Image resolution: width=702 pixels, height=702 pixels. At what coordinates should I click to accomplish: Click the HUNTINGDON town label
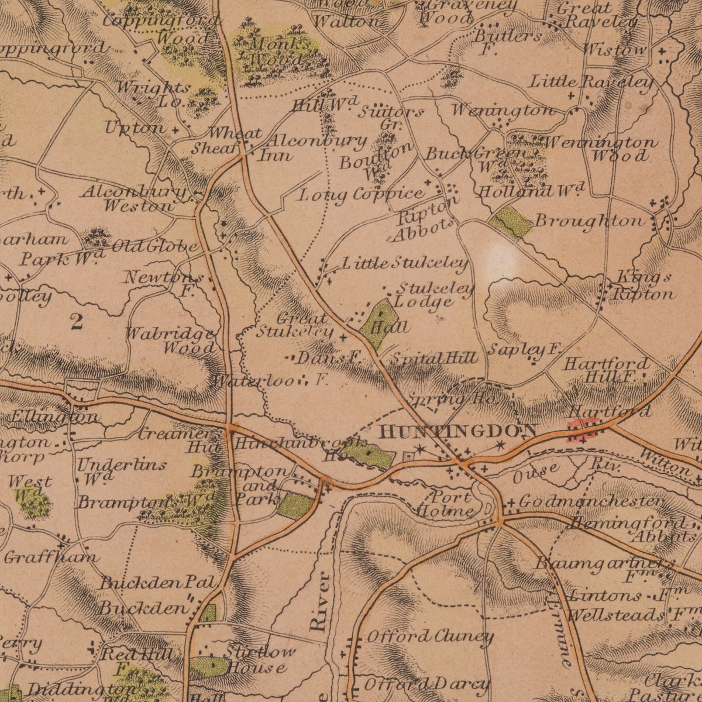coord(457,432)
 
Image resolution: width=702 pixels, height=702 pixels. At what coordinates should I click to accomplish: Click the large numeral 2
coord(76,322)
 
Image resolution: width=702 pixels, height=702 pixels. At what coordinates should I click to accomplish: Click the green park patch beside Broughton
coord(511,221)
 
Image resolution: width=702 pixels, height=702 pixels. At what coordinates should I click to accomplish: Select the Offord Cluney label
coord(430,636)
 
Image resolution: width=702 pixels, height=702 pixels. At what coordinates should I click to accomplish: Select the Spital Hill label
coord(434,358)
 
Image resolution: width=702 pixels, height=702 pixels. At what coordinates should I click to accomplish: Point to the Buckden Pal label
coord(158,583)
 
